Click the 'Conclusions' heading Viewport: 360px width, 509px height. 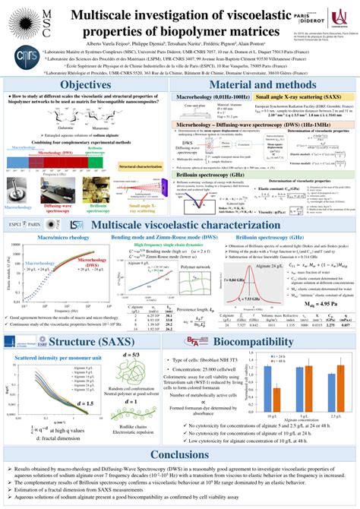click(180, 455)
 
